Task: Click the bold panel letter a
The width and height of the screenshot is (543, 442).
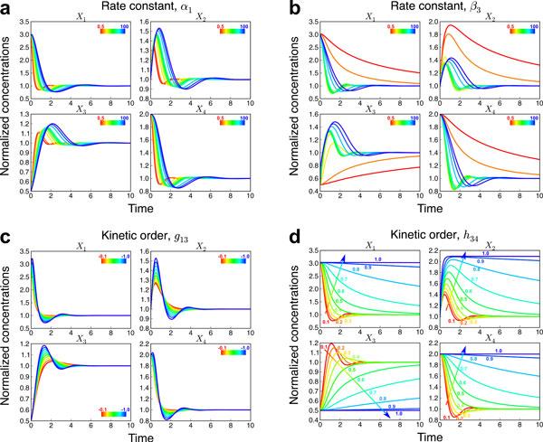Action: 7,8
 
